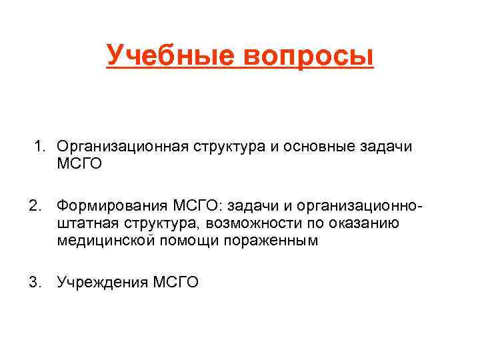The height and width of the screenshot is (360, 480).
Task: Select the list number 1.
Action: pos(39,145)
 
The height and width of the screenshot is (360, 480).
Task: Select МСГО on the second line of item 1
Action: pos(80,163)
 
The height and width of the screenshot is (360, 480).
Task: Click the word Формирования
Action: pos(113,203)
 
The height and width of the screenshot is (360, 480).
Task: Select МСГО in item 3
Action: pos(176,282)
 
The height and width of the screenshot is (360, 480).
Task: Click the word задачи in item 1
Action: pos(389,146)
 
